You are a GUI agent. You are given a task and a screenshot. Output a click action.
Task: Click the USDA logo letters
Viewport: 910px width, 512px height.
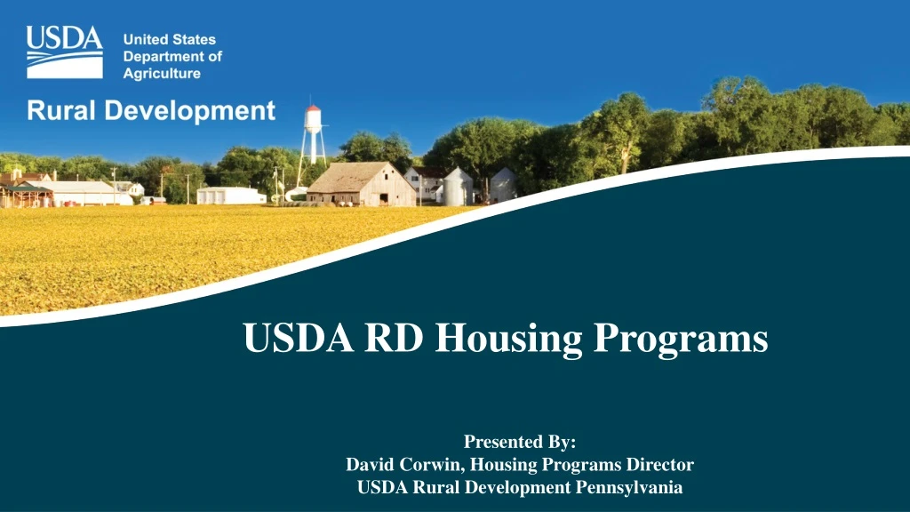(64, 40)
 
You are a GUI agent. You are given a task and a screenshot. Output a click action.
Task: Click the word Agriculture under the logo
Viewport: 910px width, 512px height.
(162, 74)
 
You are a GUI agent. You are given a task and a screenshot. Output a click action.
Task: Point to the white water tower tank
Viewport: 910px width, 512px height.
(313, 119)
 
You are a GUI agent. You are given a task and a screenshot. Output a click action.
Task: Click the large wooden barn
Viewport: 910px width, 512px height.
(361, 185)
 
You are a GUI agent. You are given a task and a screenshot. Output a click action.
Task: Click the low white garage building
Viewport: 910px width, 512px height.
(230, 195)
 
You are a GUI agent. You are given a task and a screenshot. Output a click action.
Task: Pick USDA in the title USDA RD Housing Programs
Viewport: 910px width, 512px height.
(290, 338)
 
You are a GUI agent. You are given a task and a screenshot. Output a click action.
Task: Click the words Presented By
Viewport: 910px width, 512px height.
(520, 442)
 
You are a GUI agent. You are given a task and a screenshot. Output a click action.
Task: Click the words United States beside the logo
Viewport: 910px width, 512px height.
(169, 40)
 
